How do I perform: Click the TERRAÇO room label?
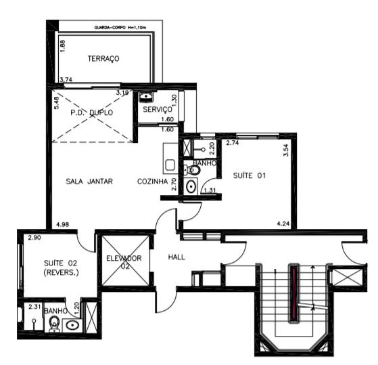(x=103, y=59)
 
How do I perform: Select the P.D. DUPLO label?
(x=91, y=112)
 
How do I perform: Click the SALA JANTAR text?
(x=89, y=181)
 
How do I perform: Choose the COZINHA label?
(x=152, y=181)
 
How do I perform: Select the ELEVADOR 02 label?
(x=124, y=263)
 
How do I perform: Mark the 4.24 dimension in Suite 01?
(x=284, y=223)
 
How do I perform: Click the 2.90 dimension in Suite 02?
(x=34, y=239)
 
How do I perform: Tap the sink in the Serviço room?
(x=145, y=98)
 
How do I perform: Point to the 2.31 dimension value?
(x=35, y=307)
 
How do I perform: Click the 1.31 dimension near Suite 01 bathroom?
(x=210, y=190)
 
